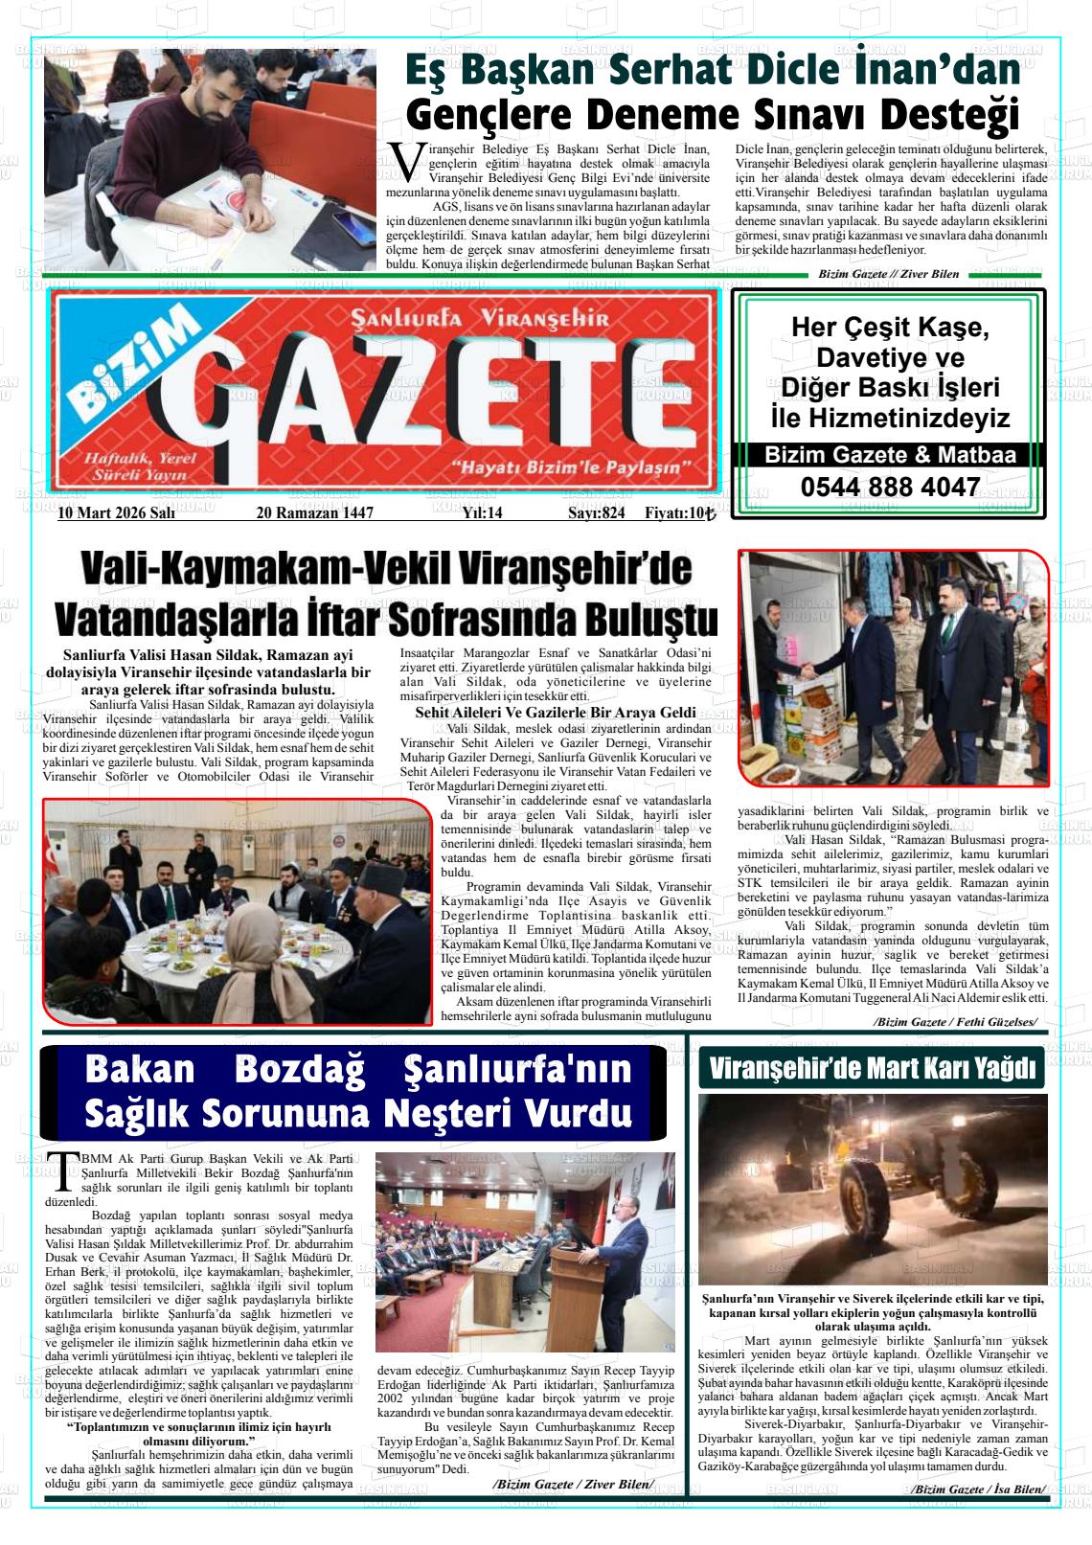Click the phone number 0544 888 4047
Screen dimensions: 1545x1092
890,488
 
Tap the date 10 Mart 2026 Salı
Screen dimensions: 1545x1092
116,513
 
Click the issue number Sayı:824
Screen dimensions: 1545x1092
596,513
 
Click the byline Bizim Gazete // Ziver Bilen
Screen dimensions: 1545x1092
888,274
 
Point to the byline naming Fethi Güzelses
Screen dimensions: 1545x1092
954,1022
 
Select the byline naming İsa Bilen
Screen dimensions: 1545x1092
978,1489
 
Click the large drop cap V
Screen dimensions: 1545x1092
406,162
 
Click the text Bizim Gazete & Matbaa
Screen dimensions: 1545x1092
890,456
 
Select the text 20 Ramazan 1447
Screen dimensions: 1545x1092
314,513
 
